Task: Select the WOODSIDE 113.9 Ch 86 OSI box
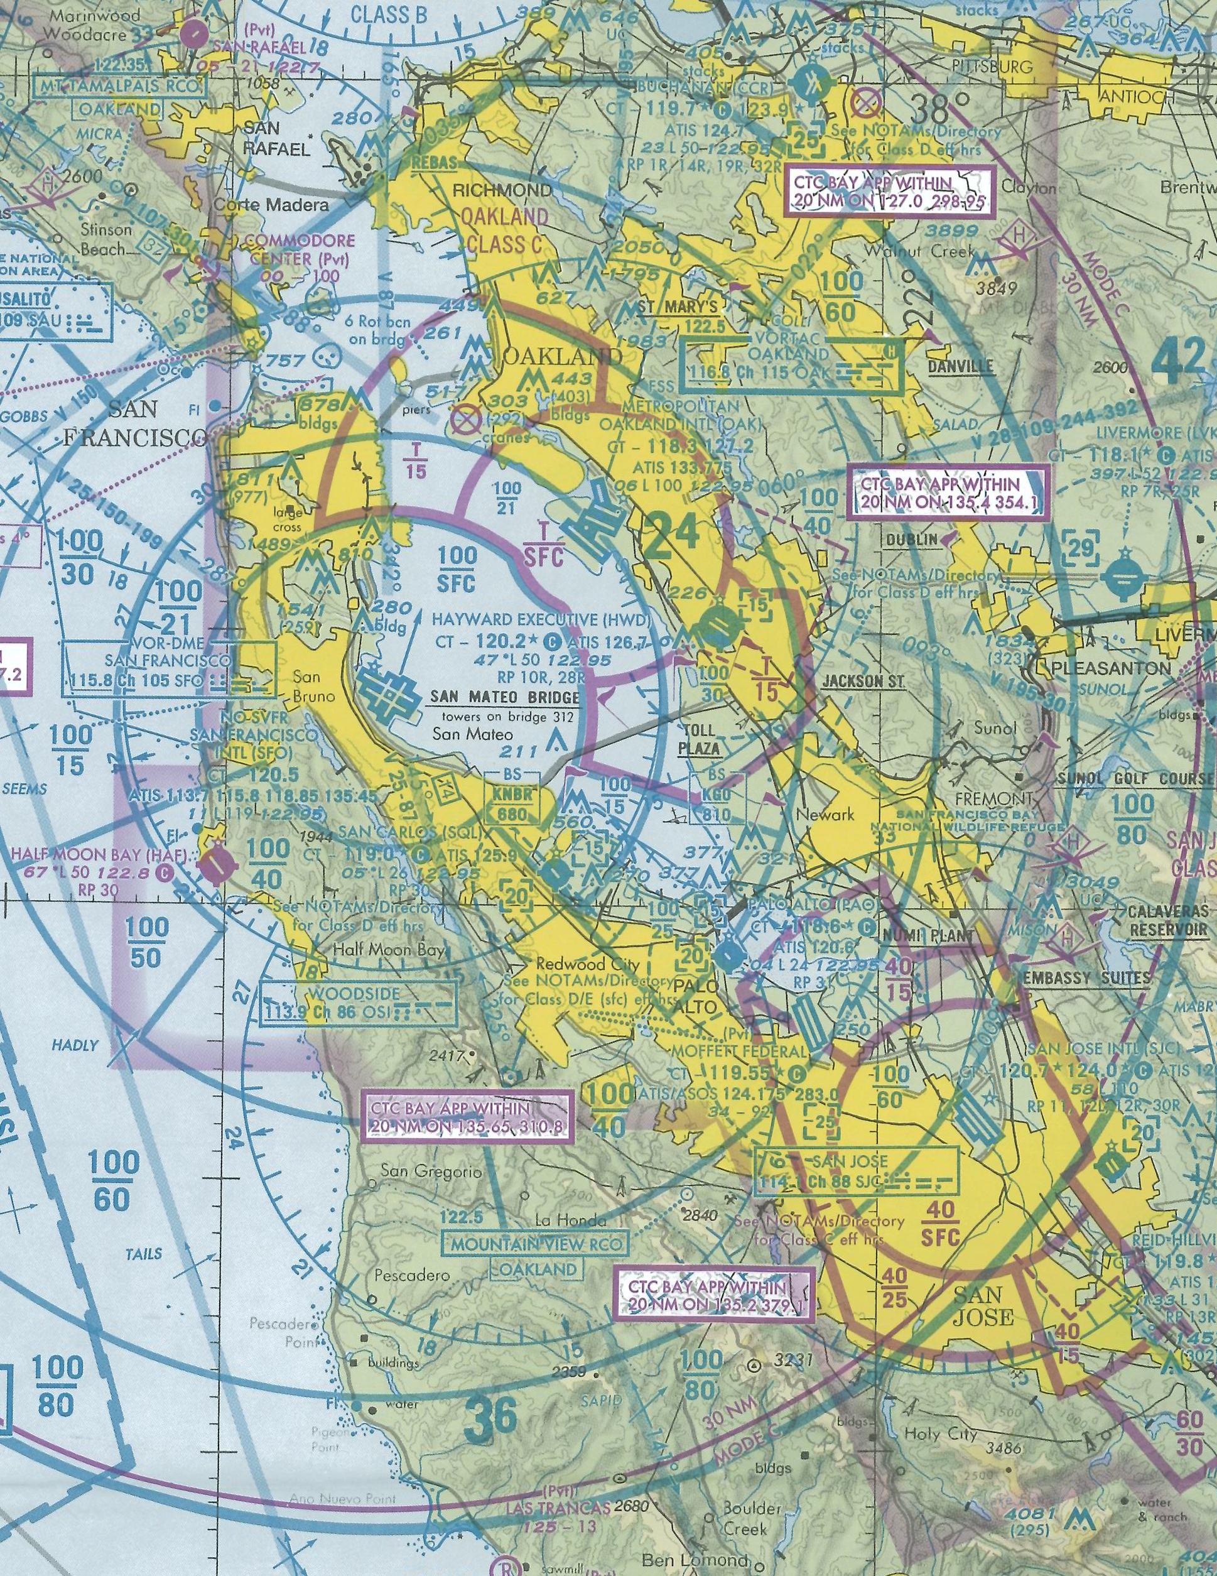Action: (356, 1004)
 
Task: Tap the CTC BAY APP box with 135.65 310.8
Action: (466, 1117)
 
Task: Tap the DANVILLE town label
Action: (960, 367)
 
